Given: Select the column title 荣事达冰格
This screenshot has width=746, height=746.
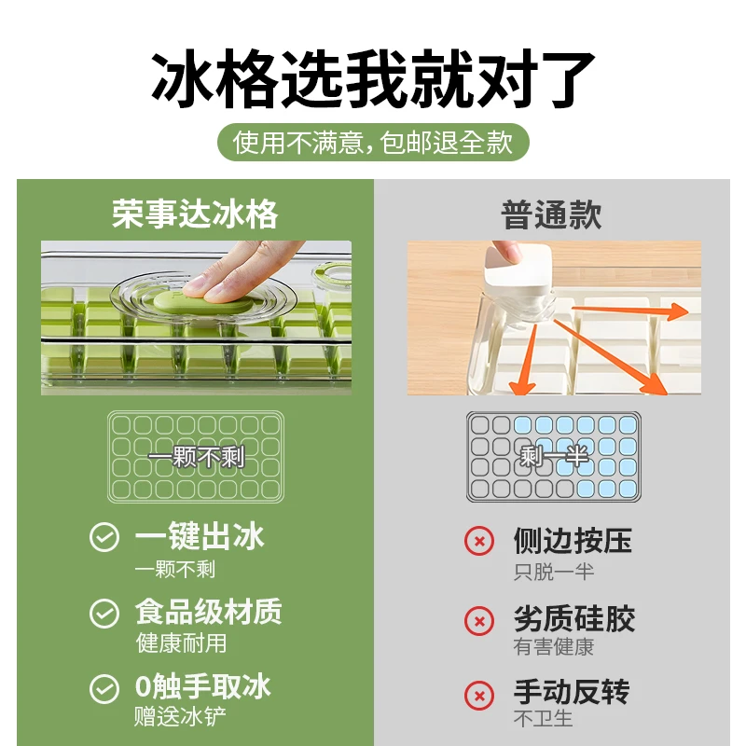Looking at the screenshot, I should pyautogui.click(x=195, y=214).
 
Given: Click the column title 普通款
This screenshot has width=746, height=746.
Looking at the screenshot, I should pyautogui.click(x=552, y=214).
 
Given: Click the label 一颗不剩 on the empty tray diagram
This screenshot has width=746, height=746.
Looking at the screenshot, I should pyautogui.click(x=195, y=457).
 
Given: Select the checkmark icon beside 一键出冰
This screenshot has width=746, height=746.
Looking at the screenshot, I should pyautogui.click(x=104, y=537).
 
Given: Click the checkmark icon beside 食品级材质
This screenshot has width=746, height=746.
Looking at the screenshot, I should pyautogui.click(x=104, y=613).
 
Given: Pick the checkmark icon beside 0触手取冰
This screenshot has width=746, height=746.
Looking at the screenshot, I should pyautogui.click(x=104, y=688).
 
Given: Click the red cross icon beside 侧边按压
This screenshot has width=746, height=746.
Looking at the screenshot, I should pyautogui.click(x=479, y=541).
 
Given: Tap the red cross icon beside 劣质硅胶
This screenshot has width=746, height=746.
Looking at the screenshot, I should pyautogui.click(x=479, y=619).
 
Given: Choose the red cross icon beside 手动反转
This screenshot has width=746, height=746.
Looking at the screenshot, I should pyautogui.click(x=479, y=695).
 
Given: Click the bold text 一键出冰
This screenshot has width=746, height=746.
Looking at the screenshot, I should pyautogui.click(x=200, y=536).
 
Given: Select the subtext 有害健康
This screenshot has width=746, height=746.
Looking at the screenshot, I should pyautogui.click(x=554, y=646).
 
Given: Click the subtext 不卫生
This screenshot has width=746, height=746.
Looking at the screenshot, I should pyautogui.click(x=543, y=719).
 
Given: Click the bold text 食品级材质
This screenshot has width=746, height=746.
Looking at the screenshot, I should pyautogui.click(x=208, y=612).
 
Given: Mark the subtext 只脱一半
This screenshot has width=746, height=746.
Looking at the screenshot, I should pyautogui.click(x=554, y=571).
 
